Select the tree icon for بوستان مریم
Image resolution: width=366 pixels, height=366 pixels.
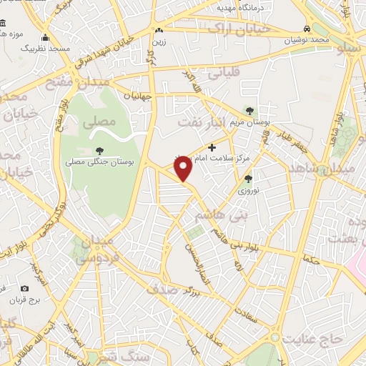[x=249, y=110]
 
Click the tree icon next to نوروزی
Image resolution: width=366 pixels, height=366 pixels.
[x=248, y=179]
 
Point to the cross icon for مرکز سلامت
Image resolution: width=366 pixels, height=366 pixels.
[x=211, y=147]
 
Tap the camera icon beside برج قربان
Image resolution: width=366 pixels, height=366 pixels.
[x=25, y=288]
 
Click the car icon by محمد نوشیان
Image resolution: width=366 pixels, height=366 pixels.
[x=306, y=28]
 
